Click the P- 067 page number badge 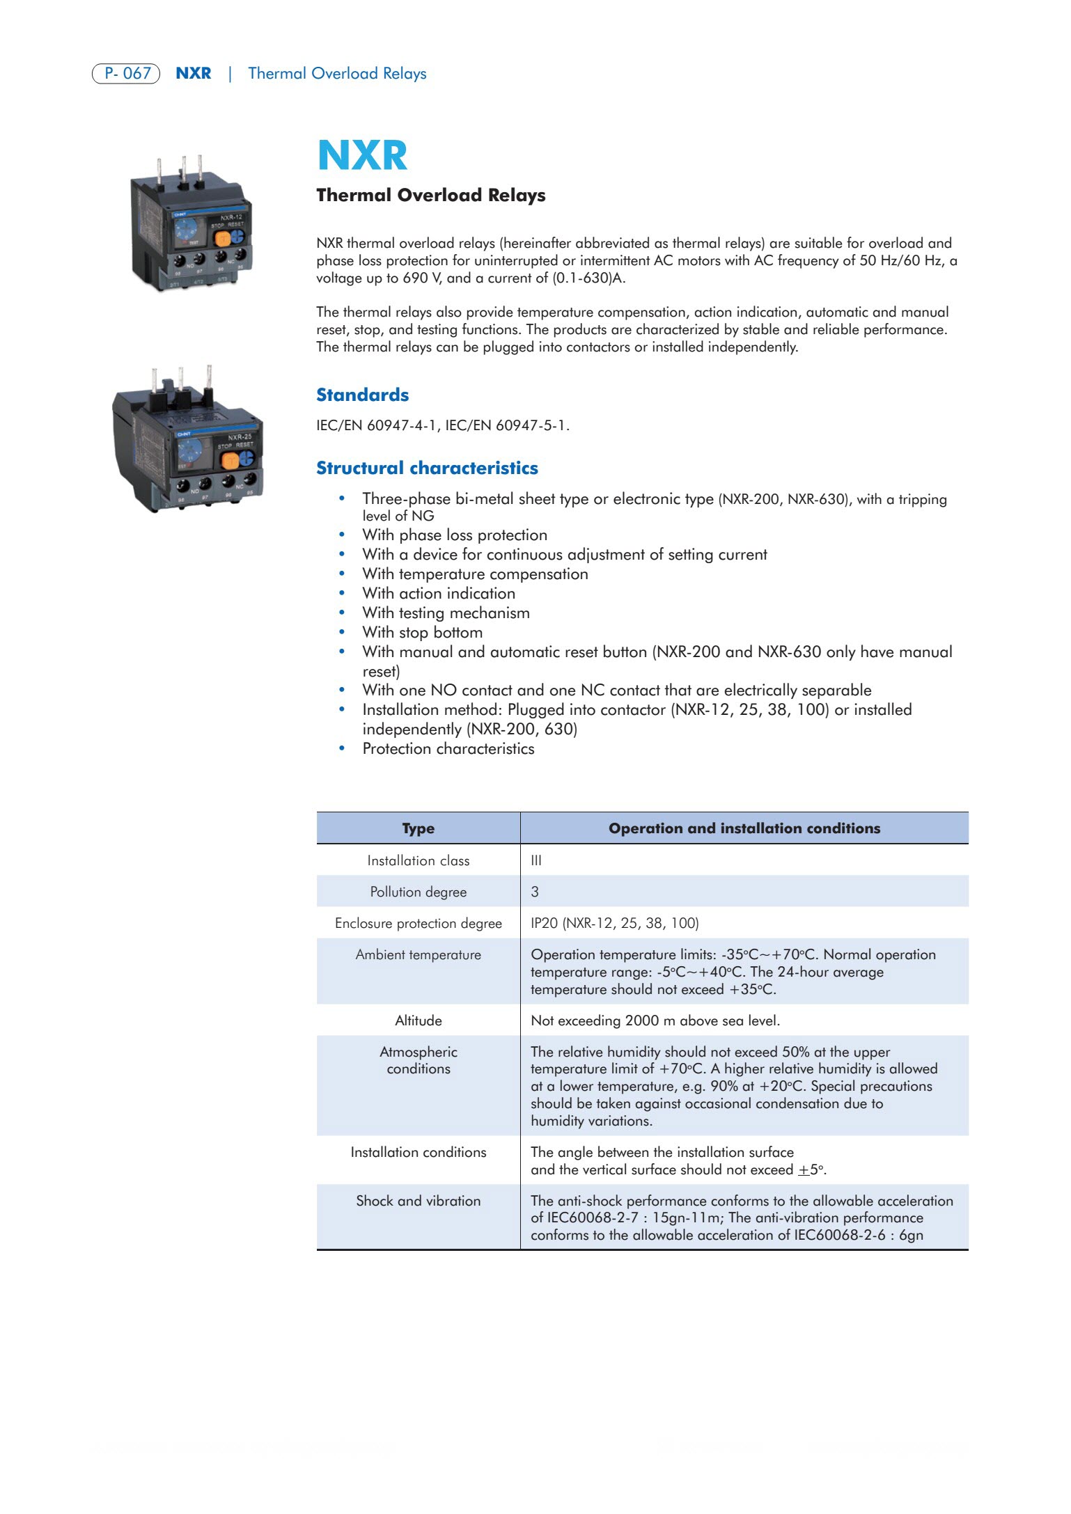point(126,73)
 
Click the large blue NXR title point(362,155)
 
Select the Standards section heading point(362,395)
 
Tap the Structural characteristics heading point(427,468)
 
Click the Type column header point(418,828)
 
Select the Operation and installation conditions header point(744,828)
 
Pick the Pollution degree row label point(418,892)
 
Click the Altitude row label point(418,1020)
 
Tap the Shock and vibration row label point(418,1201)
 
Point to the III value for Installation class point(536,860)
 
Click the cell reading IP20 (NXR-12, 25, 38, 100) point(614,923)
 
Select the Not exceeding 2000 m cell point(655,1020)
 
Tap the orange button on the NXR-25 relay point(229,460)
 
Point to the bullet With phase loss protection point(454,535)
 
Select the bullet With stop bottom point(422,632)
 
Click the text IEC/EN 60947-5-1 point(507,425)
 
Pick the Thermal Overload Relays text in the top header point(337,73)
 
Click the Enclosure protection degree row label point(418,923)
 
